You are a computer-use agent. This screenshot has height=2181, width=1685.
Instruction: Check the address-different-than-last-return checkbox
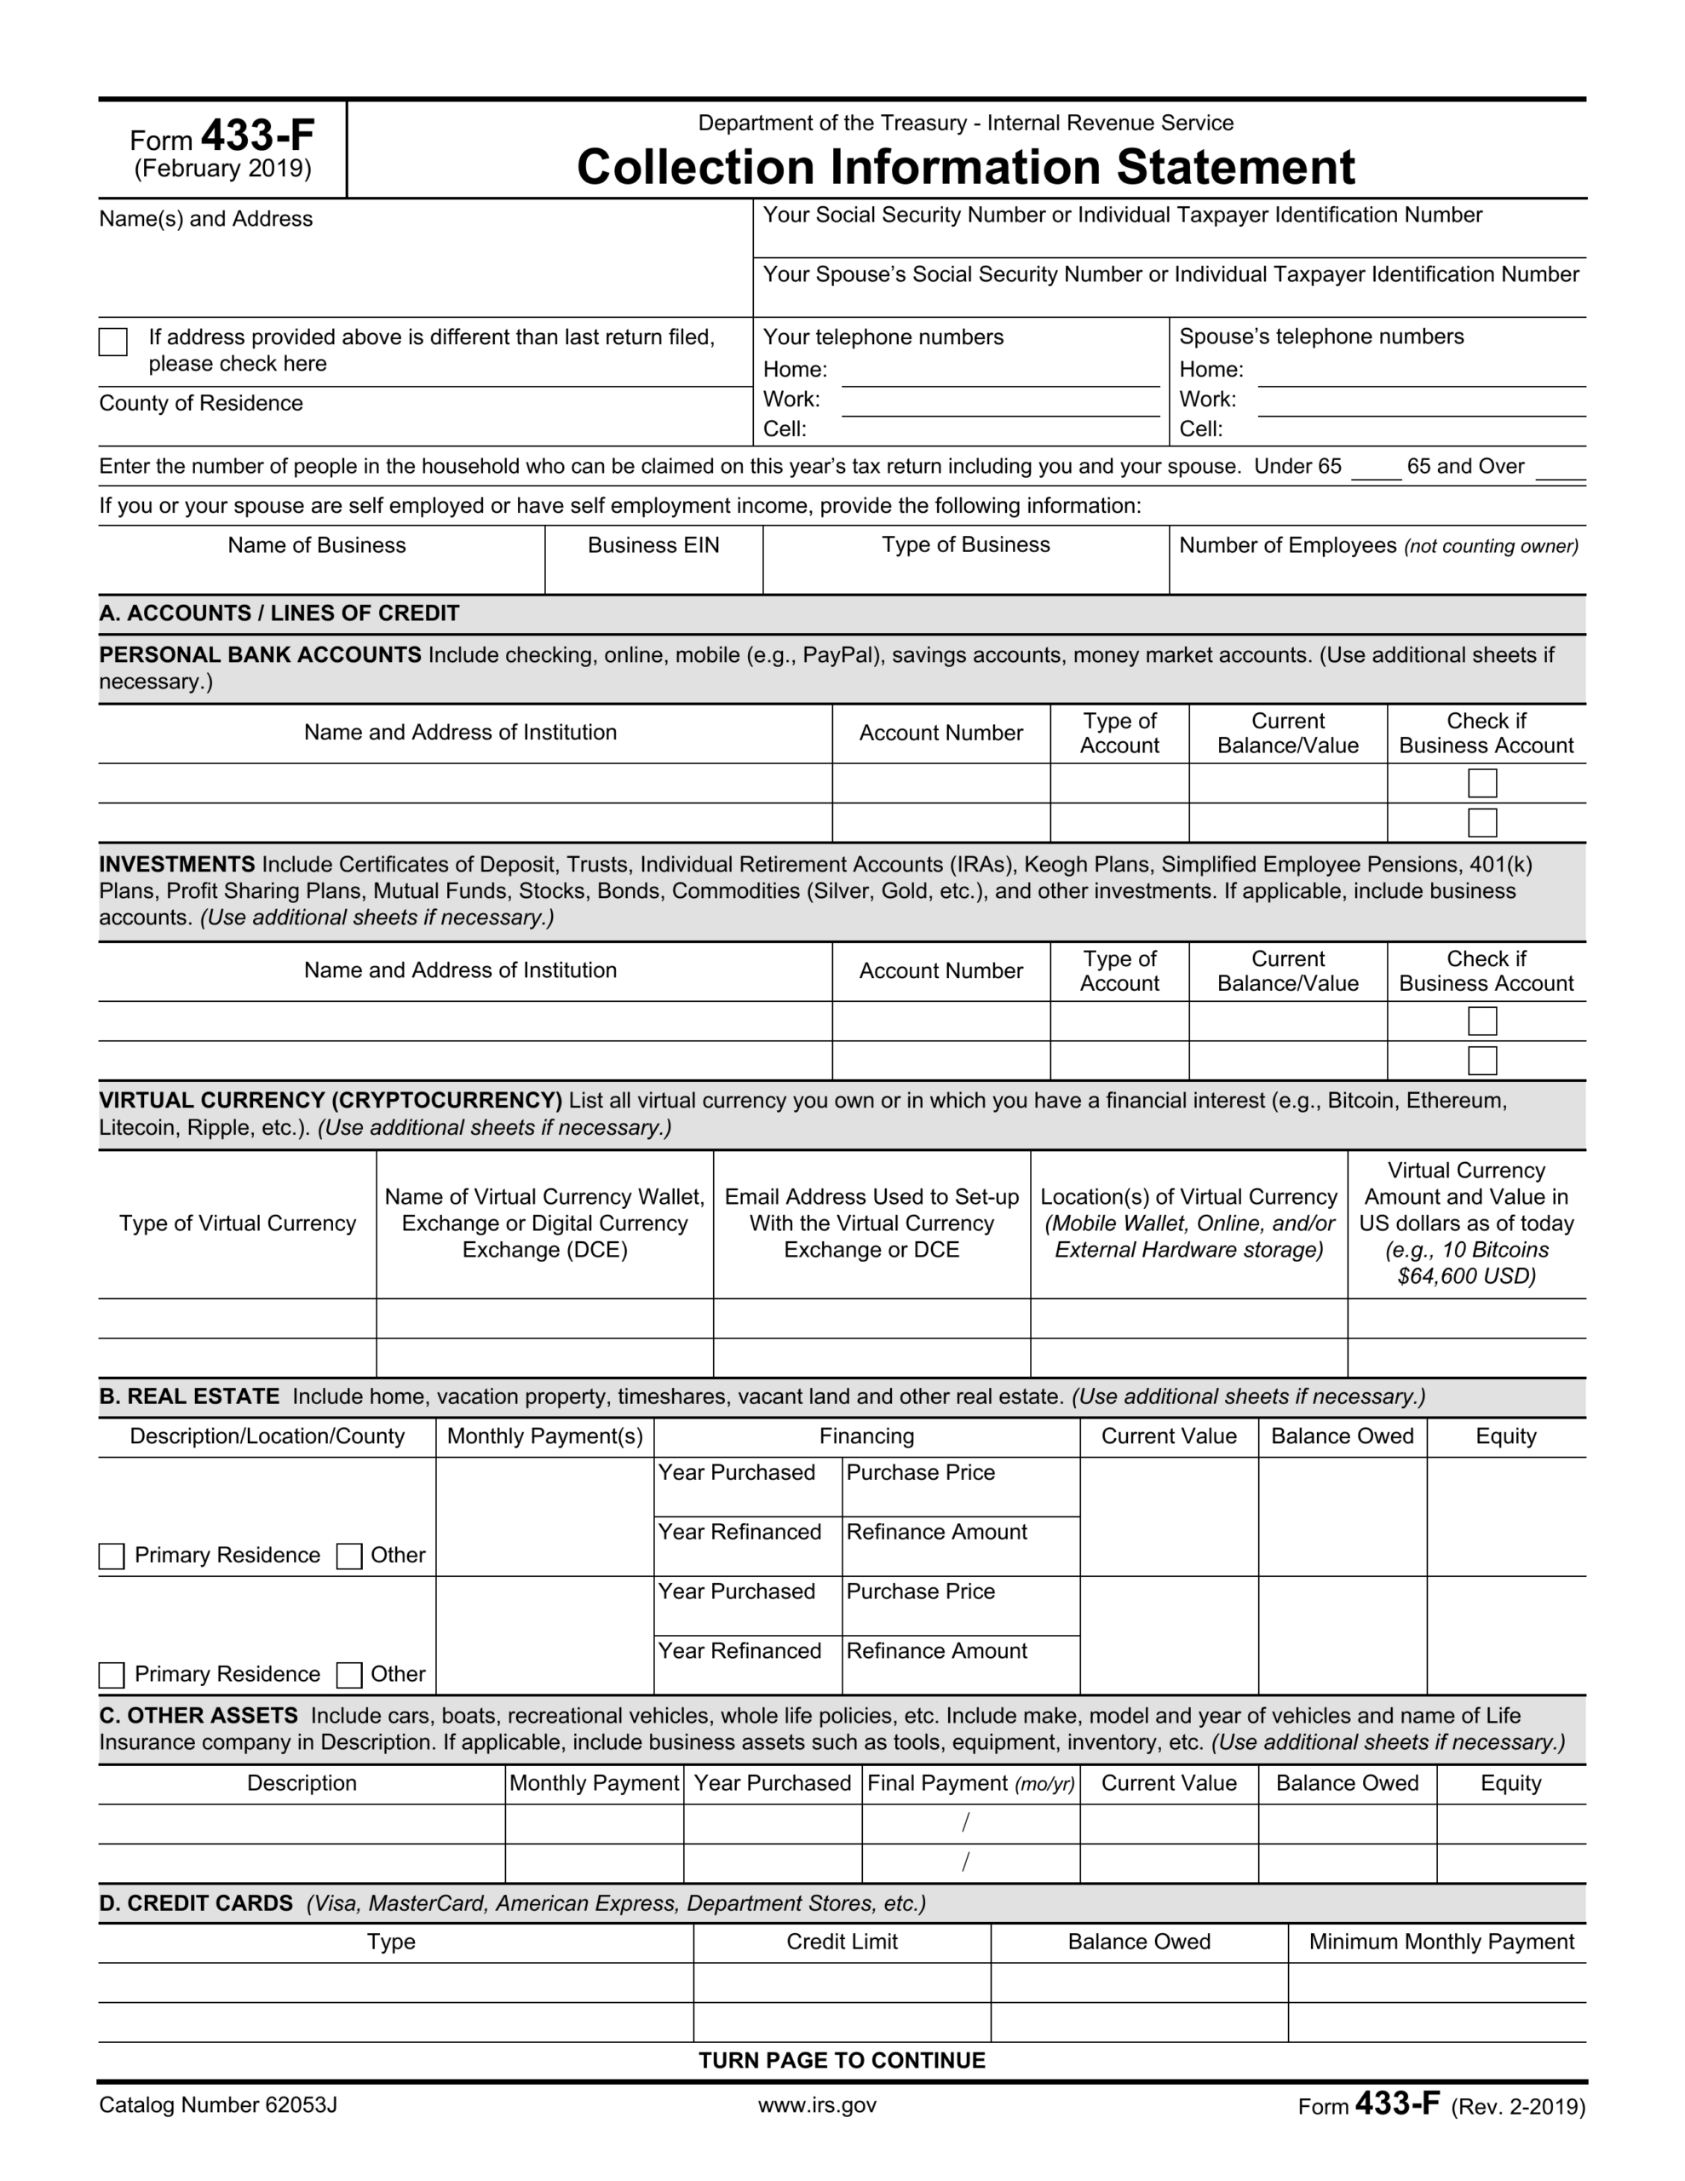point(112,342)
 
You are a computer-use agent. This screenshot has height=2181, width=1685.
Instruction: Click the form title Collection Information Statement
point(965,167)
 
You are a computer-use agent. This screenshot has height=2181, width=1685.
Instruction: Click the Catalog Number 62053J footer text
point(218,2105)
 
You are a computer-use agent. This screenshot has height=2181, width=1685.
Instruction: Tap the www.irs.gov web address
point(816,2105)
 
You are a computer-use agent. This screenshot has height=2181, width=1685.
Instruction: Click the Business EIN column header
point(653,545)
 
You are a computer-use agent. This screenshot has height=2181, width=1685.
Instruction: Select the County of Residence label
point(201,404)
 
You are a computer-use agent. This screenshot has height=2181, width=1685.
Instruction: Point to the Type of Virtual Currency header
point(238,1223)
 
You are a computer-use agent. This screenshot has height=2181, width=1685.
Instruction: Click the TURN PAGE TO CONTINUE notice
point(841,2060)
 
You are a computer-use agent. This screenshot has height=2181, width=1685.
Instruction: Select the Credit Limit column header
point(841,1942)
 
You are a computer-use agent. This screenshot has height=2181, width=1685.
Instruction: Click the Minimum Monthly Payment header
point(1441,1942)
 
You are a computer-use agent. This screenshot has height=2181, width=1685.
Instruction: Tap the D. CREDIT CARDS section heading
point(196,1903)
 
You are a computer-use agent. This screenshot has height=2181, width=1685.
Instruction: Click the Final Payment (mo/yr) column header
point(969,1783)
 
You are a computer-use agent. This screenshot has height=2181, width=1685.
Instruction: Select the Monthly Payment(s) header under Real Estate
point(544,1436)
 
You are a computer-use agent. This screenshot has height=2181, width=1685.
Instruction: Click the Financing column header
point(866,1436)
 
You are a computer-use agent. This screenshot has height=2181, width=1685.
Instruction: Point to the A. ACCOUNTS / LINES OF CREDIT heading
point(279,613)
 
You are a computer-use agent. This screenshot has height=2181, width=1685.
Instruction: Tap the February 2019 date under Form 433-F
point(222,169)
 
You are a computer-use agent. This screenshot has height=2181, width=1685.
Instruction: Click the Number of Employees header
point(1377,545)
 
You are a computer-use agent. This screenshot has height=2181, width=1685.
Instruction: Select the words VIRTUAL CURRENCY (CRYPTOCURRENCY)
point(331,1101)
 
